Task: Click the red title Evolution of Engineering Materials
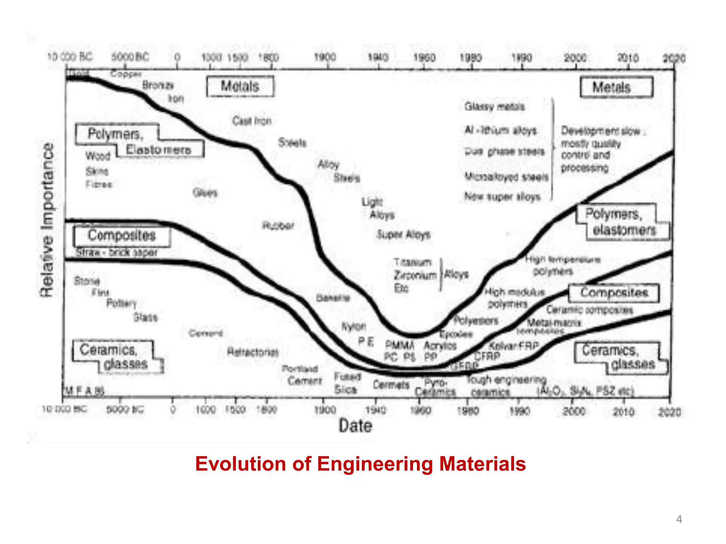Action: [360, 464]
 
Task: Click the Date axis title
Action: [355, 426]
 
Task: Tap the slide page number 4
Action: [679, 519]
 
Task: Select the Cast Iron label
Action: [252, 121]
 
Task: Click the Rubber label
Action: [278, 226]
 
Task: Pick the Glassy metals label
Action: [494, 107]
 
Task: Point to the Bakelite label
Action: [333, 298]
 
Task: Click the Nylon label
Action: [353, 327]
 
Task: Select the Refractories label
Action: [253, 352]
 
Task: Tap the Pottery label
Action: [122, 304]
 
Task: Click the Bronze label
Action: [158, 85]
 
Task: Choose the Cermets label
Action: [391, 385]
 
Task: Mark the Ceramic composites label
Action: [589, 310]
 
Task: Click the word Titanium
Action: [413, 262]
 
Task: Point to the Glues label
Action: [205, 193]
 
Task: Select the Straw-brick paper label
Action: [117, 253]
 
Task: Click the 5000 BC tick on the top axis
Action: [130, 57]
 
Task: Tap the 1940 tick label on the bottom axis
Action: [375, 410]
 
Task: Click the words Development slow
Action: [601, 131]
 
